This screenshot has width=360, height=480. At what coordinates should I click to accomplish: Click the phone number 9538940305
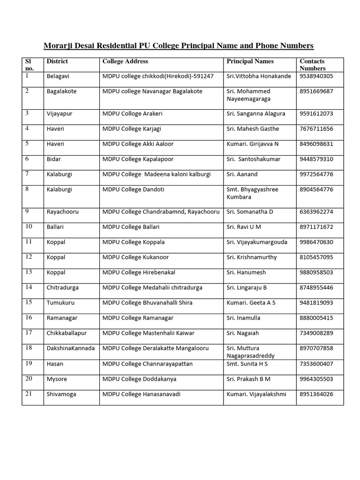point(316,76)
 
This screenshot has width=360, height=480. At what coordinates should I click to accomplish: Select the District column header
point(57,61)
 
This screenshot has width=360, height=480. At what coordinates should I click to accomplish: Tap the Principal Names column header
point(250,61)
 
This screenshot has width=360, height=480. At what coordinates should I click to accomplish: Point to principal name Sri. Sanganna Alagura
point(255,114)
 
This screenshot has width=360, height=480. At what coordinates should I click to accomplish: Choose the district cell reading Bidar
point(54,159)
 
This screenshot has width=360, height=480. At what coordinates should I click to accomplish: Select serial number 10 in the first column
point(29,227)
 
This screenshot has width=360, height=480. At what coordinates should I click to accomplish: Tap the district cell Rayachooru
point(62,212)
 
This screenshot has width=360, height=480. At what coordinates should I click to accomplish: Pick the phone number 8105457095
point(316,257)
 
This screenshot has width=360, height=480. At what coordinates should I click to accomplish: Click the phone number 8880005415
point(316,318)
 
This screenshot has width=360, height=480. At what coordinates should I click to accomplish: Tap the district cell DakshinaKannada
point(70,348)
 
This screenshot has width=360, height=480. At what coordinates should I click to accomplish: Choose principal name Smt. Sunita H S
point(247,364)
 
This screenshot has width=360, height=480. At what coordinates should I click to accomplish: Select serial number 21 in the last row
point(29,394)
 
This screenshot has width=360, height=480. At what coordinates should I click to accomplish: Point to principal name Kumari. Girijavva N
point(253,144)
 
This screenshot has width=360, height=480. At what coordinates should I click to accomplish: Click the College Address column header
point(125,61)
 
